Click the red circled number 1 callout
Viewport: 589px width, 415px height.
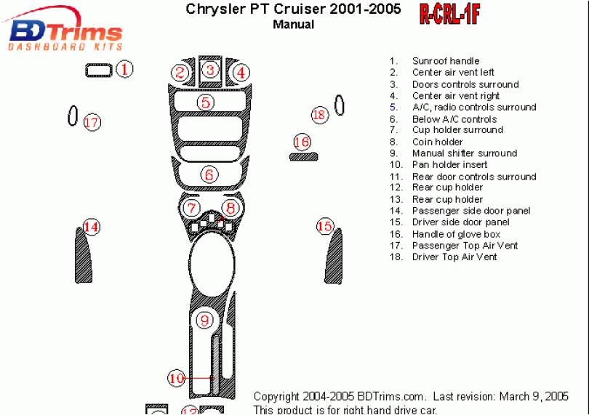125,70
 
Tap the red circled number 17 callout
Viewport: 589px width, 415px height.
91,122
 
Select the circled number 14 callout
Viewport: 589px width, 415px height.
91,227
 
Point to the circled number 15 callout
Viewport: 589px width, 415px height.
324,227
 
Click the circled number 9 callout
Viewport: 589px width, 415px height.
205,320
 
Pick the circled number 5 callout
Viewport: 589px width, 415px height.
207,102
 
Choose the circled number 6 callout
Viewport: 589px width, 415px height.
209,174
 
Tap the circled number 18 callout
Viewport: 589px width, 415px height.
319,114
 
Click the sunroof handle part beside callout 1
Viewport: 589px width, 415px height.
98,70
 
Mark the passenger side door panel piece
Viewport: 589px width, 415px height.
84,258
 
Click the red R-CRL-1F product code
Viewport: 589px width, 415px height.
449,14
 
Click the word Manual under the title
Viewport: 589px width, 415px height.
294,24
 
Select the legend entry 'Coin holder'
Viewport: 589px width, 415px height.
438,142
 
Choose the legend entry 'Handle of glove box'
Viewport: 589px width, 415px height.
456,234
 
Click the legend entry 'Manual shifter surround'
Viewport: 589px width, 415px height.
465,153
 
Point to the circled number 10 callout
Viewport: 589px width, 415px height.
177,378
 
